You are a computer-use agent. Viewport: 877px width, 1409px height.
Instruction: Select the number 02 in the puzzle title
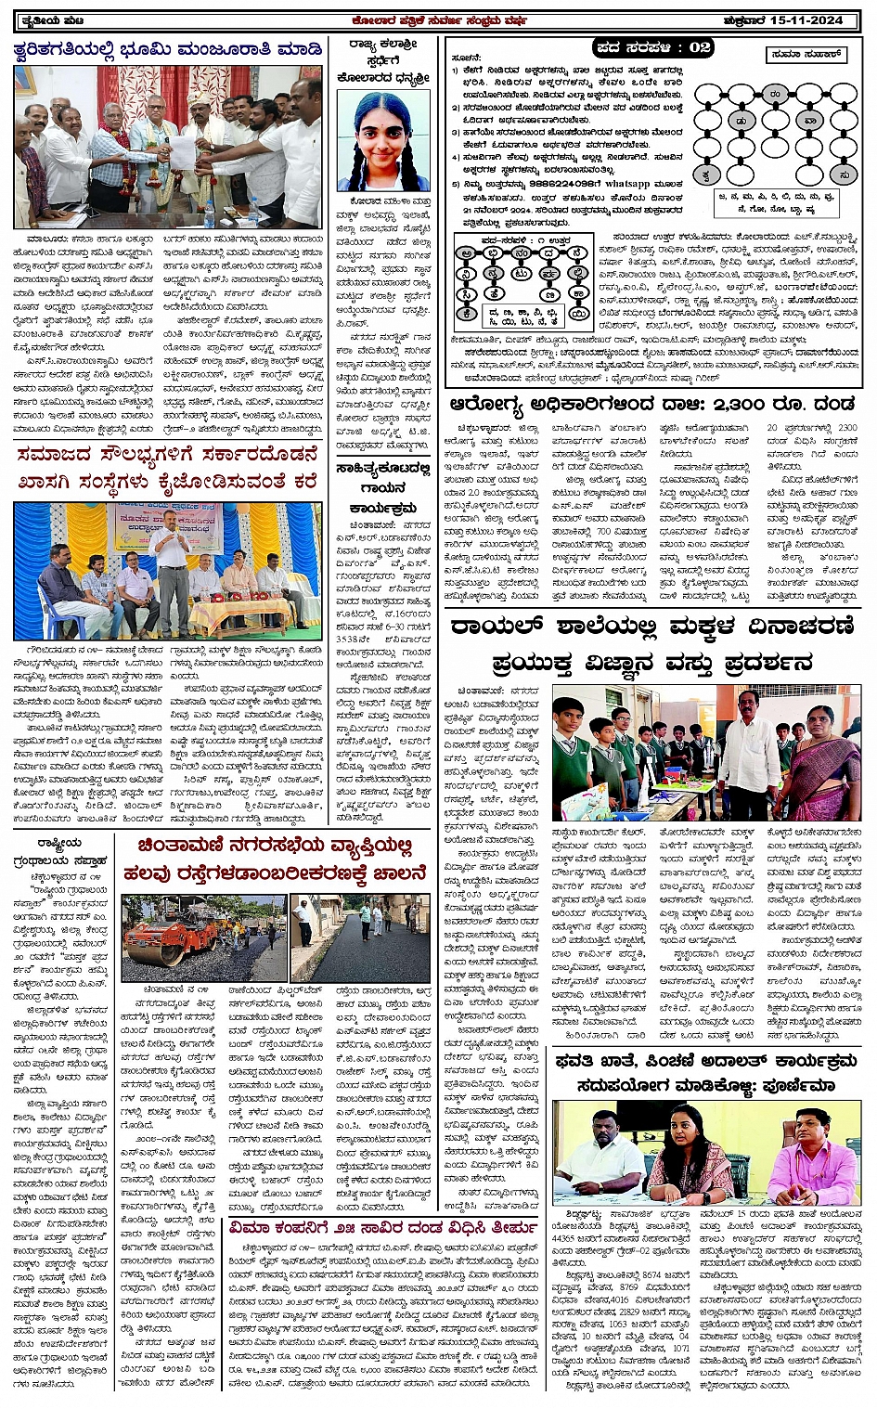700,46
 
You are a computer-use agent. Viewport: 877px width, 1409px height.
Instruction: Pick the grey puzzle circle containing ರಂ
774,94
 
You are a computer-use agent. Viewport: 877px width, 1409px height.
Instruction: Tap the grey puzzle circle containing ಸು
843,174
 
